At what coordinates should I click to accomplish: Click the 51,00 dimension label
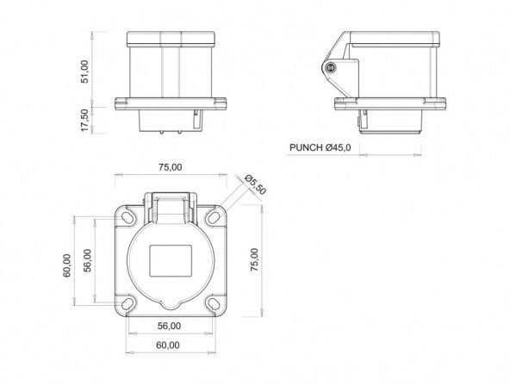click(84, 72)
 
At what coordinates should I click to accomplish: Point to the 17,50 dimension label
click(84, 120)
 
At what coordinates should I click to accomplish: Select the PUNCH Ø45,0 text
click(320, 147)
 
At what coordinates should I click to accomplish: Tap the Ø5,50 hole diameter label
click(256, 184)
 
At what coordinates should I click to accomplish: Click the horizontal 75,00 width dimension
click(171, 167)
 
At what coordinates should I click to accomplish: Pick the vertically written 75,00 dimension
click(254, 259)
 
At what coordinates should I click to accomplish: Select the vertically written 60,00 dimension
click(67, 265)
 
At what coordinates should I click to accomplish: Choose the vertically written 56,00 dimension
click(88, 260)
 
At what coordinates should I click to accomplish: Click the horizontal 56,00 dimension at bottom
click(169, 326)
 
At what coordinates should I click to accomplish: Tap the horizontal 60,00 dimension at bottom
click(168, 345)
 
